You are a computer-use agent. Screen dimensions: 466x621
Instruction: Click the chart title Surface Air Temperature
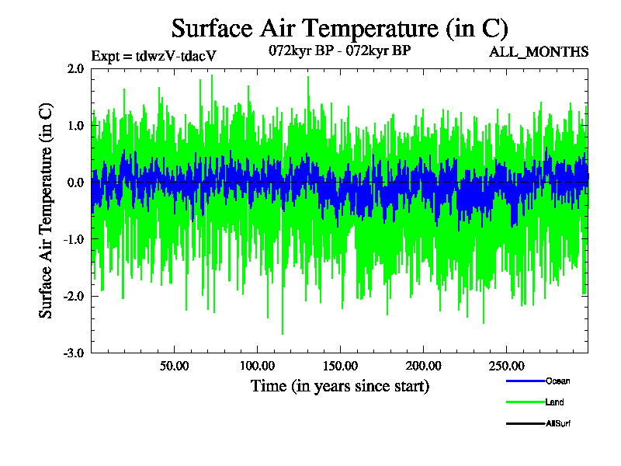pos(339,29)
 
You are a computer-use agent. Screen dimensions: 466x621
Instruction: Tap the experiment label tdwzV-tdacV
pos(153,56)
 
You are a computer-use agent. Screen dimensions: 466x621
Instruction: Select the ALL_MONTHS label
pos(539,52)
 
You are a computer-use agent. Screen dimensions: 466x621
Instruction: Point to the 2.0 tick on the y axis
pos(75,68)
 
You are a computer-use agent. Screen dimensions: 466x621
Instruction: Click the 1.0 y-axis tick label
pos(75,125)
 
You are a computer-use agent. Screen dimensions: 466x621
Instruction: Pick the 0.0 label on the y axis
pos(75,183)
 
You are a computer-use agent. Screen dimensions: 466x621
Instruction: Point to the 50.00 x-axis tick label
pos(174,366)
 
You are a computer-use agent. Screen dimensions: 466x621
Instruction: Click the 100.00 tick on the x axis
pos(256,366)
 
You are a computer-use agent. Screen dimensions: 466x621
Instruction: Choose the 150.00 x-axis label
pos(339,366)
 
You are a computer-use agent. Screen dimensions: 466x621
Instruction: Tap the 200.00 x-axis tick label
pos(422,366)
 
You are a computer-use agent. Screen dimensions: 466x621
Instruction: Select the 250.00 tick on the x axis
pos(505,366)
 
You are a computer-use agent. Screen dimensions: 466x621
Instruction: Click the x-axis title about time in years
pos(339,386)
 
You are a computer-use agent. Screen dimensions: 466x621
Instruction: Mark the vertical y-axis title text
pos(46,210)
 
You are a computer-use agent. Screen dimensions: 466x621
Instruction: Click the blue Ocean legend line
pos(525,381)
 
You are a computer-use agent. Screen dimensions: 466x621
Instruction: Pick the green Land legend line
pos(525,402)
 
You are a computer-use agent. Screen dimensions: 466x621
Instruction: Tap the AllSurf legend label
pos(559,423)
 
